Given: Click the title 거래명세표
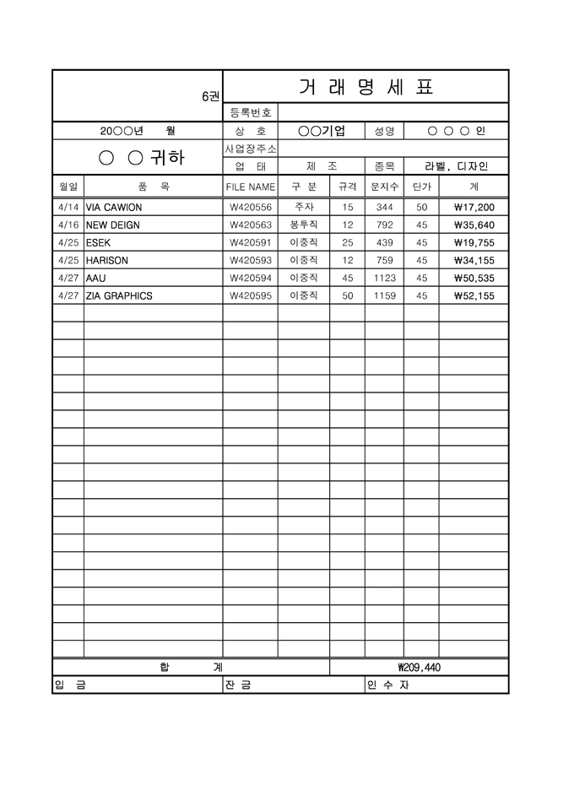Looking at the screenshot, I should tap(366, 86).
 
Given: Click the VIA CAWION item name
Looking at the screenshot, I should tap(114, 207).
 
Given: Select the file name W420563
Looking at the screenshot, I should tap(251, 225).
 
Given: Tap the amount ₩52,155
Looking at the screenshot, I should tap(474, 296).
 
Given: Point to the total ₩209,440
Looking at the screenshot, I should tap(419, 668).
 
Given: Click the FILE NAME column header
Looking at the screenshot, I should tap(251, 187).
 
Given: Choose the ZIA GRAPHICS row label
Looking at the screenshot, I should tap(119, 296).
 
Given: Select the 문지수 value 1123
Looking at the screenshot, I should tap(384, 278).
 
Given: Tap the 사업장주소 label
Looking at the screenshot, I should tap(251, 149).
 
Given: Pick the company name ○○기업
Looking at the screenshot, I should tap(322, 131).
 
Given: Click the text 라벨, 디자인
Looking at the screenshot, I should tap(457, 166).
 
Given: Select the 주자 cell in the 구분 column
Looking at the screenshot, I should tap(304, 207).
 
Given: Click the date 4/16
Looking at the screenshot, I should tap(68, 225).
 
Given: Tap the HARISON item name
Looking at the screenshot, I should tap(108, 261).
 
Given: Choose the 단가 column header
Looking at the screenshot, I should tap(421, 187).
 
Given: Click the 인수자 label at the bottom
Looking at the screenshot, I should tap(387, 685).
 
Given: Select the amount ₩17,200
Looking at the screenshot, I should tap(474, 207).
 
